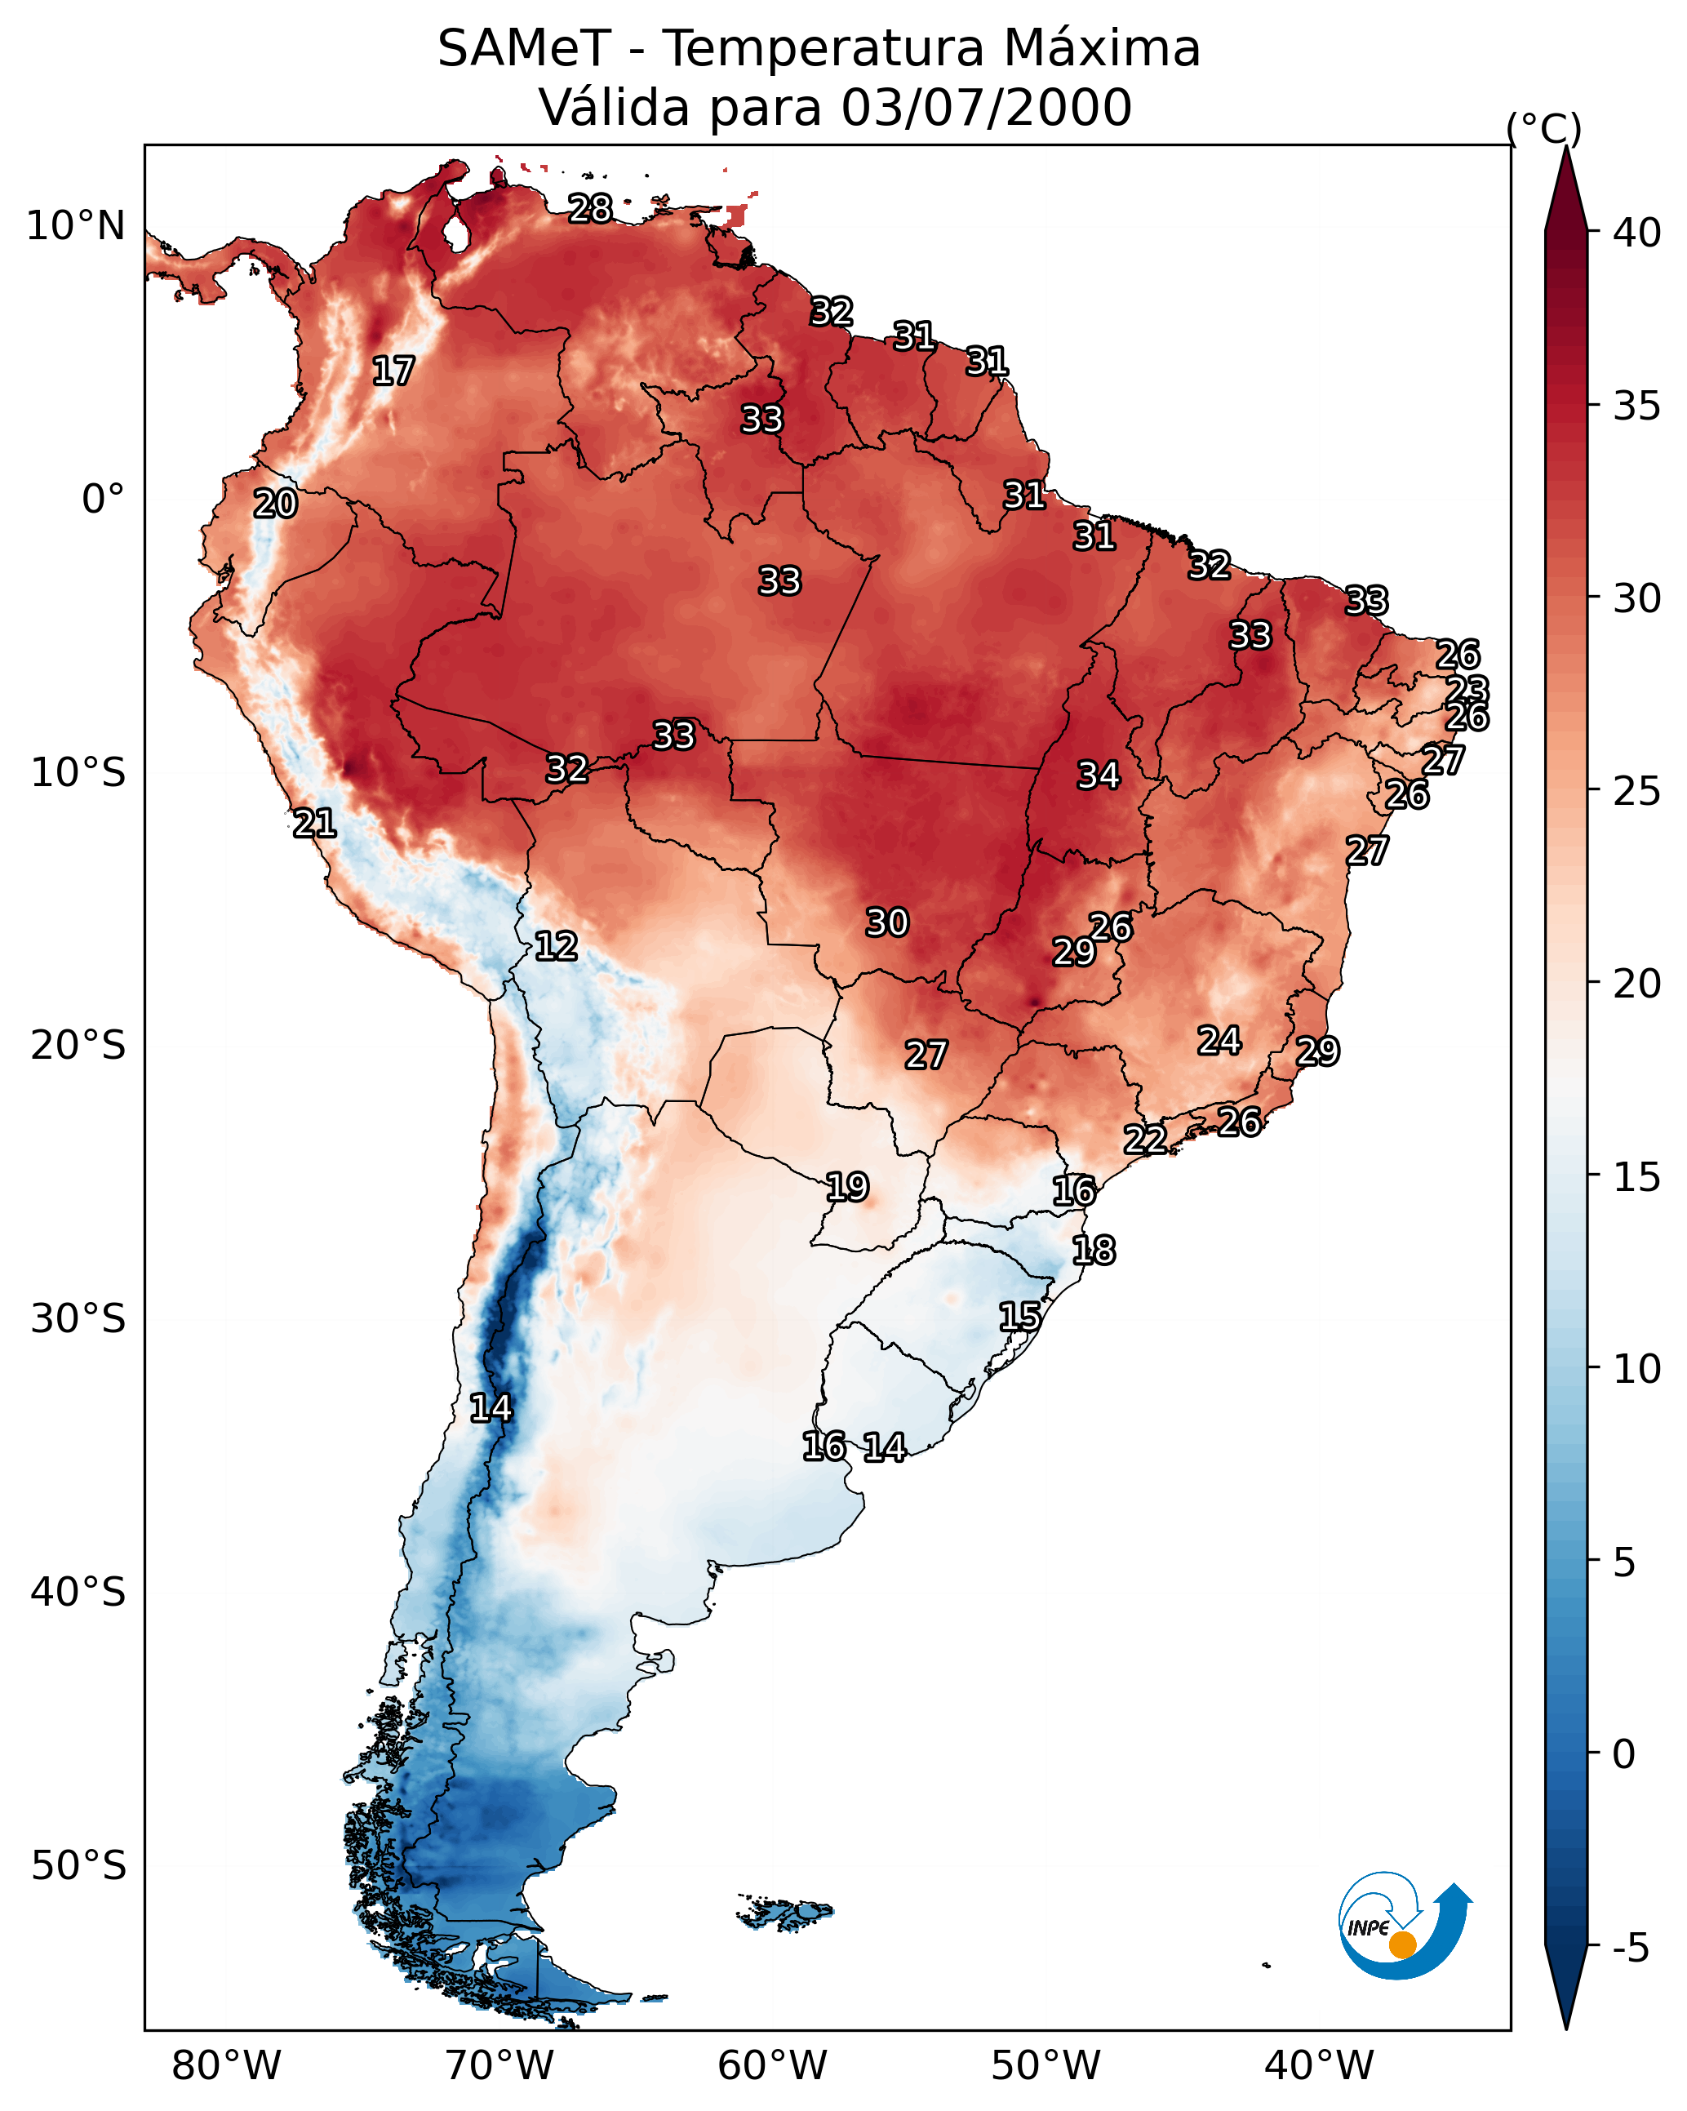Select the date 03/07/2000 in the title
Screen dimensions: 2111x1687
point(986,108)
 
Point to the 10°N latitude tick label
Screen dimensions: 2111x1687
point(75,226)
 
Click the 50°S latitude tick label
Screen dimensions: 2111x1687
point(78,1866)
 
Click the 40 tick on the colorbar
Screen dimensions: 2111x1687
point(1636,233)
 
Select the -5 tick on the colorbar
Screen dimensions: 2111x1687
point(1632,1949)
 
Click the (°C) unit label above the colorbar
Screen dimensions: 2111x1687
point(1544,128)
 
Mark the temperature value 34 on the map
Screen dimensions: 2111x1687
point(1099,776)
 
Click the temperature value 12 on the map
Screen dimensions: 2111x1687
point(556,946)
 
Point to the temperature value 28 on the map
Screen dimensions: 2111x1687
point(590,208)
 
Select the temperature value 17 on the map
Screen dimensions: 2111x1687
point(393,371)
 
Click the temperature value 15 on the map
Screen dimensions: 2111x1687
point(1020,1316)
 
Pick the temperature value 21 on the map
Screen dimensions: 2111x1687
point(314,824)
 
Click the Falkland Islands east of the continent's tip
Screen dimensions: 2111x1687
point(786,1911)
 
